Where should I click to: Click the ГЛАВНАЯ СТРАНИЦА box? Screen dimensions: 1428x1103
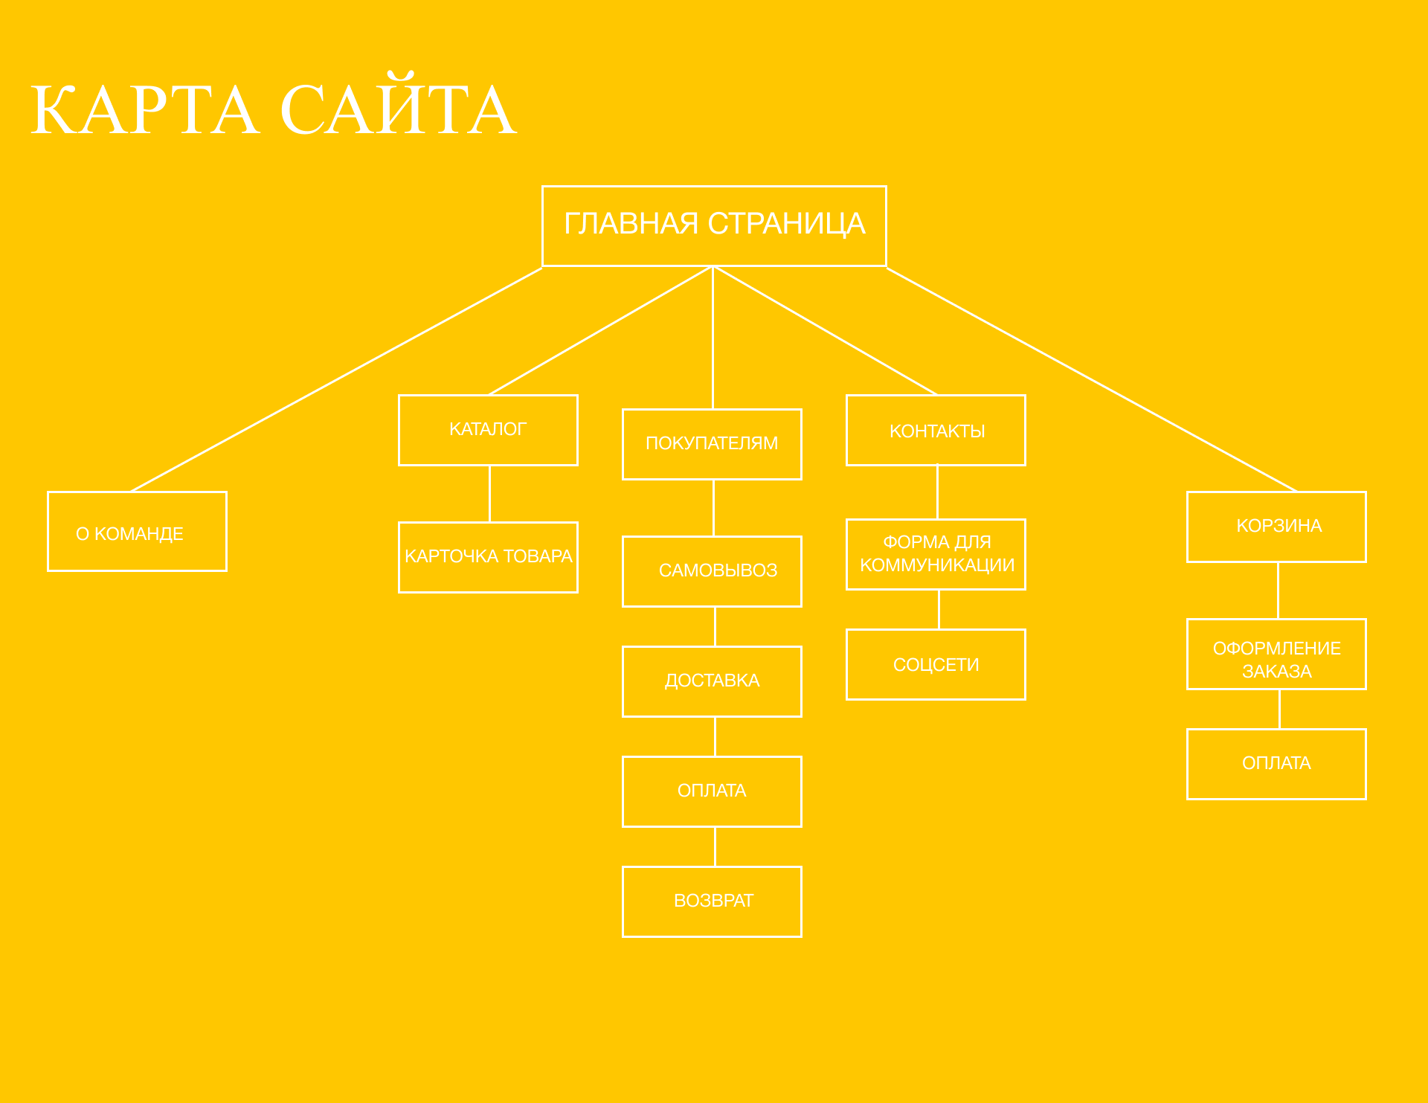(x=714, y=225)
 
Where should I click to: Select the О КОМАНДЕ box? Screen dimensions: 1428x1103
(x=137, y=531)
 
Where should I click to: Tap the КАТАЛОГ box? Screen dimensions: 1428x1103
(x=488, y=430)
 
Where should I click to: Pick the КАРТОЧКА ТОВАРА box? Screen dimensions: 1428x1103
(x=488, y=557)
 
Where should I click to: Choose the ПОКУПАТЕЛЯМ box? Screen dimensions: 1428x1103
(x=712, y=444)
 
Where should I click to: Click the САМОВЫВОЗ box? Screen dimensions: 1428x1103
(x=712, y=571)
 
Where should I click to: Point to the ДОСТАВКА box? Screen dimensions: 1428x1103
(x=712, y=681)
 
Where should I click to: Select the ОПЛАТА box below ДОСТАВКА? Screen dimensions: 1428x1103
(x=712, y=791)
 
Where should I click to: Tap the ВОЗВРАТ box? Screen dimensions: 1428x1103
(x=712, y=901)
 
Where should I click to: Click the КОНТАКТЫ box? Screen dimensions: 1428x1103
(x=936, y=430)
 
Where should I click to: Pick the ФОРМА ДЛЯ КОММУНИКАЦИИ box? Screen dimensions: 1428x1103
(x=936, y=554)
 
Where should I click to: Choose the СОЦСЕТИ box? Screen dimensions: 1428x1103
(x=936, y=664)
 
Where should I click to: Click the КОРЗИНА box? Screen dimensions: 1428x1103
(x=1276, y=527)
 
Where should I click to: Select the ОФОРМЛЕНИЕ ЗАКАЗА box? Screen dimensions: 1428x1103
(x=1276, y=654)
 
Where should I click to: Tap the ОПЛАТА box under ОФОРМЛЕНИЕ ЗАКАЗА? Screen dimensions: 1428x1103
(x=1276, y=764)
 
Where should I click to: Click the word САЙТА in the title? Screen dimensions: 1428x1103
(x=398, y=105)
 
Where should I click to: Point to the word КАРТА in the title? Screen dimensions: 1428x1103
(x=145, y=109)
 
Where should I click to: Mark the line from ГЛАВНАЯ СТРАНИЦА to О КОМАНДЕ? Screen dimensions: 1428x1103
(x=337, y=379)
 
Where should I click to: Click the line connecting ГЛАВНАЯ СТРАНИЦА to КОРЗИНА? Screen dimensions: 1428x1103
(x=1092, y=379)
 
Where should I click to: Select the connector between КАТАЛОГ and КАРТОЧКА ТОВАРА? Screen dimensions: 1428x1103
(x=489, y=494)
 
